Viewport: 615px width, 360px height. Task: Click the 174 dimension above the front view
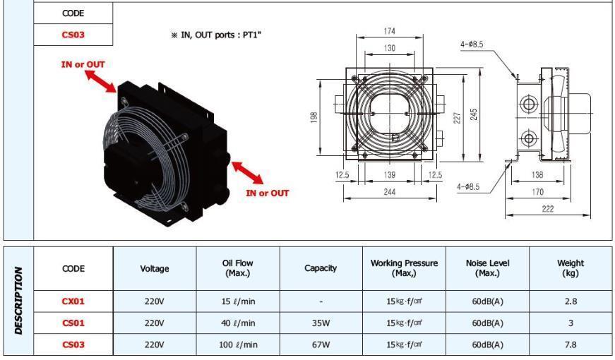click(x=390, y=31)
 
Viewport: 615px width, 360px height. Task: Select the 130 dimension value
click(x=390, y=48)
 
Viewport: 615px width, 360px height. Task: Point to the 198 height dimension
click(x=314, y=117)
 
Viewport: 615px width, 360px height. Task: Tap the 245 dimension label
click(x=474, y=114)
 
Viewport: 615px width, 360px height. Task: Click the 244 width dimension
click(x=390, y=192)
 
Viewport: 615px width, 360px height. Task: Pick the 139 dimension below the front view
click(x=390, y=175)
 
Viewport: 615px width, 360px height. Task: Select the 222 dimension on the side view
click(x=547, y=209)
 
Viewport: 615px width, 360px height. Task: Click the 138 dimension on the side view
click(x=537, y=175)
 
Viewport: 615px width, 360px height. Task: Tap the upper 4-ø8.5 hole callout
click(x=472, y=44)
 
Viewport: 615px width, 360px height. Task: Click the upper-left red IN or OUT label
click(x=83, y=64)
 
